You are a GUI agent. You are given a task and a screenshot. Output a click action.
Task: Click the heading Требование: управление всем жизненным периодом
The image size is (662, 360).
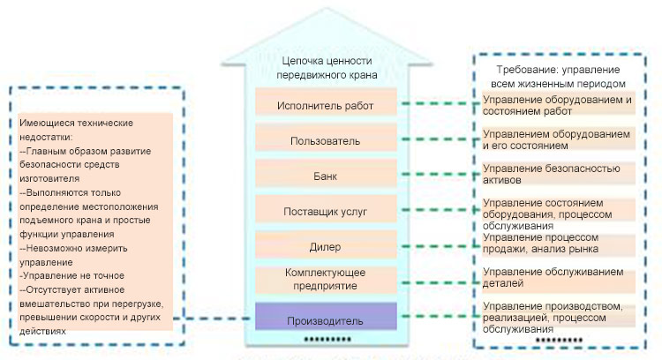coord(558,76)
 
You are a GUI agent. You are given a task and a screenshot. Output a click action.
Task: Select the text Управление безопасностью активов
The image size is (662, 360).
coord(552,174)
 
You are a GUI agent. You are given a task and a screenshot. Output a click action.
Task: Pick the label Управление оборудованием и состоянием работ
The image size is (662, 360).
coord(557,105)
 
